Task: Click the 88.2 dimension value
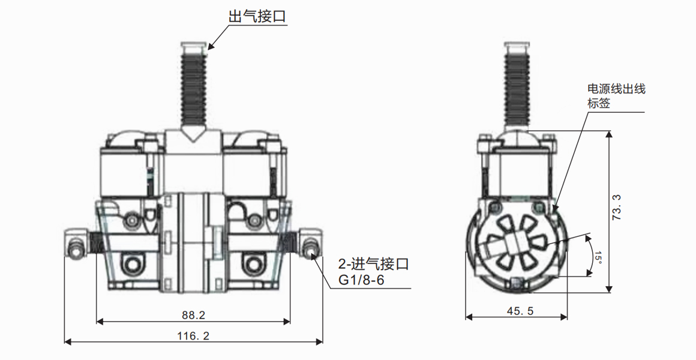[x=193, y=314]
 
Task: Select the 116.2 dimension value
[x=194, y=336]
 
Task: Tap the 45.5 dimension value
[x=517, y=311]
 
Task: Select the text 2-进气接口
[x=373, y=264]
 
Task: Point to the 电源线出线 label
[x=616, y=89]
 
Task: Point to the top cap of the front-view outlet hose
[x=193, y=46]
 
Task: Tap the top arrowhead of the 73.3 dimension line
[x=609, y=135]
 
